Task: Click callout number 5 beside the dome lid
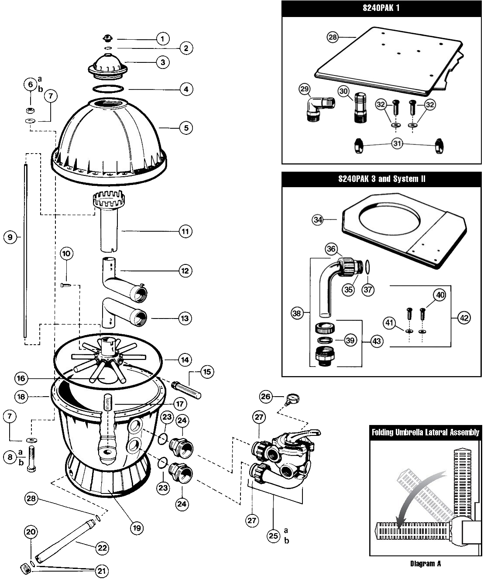click(186, 128)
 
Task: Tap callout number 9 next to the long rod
click(10, 237)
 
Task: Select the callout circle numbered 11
click(186, 231)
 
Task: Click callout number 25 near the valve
click(273, 536)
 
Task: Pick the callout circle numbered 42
click(463, 318)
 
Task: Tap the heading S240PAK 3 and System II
click(382, 179)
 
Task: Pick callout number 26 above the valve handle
click(266, 397)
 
